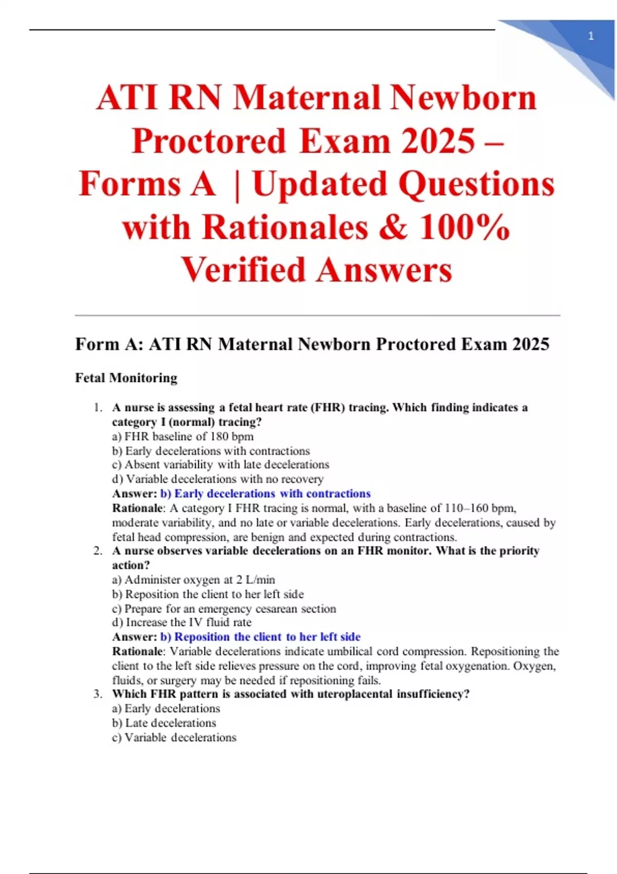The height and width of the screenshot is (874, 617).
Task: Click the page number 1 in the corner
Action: pyautogui.click(x=591, y=36)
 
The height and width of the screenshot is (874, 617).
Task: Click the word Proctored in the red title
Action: pyautogui.click(x=209, y=141)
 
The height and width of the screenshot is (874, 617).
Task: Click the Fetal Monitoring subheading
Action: pyautogui.click(x=126, y=378)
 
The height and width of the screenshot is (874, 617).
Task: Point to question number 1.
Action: pyautogui.click(x=98, y=408)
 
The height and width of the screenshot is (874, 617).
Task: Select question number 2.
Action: pyautogui.click(x=98, y=551)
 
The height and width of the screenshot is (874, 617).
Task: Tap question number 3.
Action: pyautogui.click(x=98, y=694)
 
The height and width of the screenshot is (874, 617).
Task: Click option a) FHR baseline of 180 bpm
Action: pyautogui.click(x=183, y=436)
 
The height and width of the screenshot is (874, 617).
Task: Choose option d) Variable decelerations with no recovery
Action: pyautogui.click(x=217, y=479)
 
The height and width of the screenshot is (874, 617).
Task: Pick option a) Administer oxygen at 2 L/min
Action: pyautogui.click(x=193, y=580)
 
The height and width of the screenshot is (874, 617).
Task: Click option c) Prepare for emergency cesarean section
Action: pyautogui.click(x=224, y=609)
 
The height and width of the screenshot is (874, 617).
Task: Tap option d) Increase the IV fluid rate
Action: pyautogui.click(x=182, y=623)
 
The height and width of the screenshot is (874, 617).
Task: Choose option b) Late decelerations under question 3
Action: pyautogui.click(x=164, y=723)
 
